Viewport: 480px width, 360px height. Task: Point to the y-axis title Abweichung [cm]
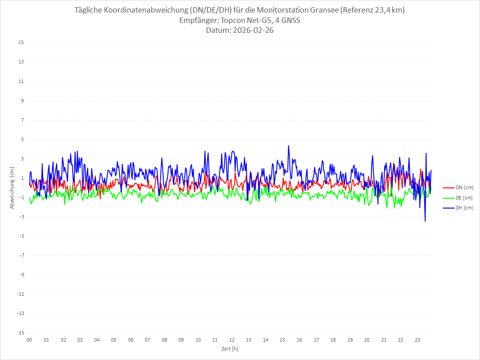click(x=12, y=188)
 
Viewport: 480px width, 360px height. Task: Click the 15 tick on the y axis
click(x=21, y=43)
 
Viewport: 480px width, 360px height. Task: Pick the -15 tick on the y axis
click(x=20, y=333)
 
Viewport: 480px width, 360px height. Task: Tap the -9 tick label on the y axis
click(x=21, y=275)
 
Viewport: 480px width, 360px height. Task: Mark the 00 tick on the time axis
click(x=29, y=340)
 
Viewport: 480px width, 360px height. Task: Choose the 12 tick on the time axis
click(x=232, y=340)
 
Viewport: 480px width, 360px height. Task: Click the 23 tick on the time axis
click(x=418, y=340)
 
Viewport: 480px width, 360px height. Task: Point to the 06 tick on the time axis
click(x=130, y=340)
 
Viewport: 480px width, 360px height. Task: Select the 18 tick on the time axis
click(x=333, y=340)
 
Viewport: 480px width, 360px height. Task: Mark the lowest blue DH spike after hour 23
click(x=425, y=221)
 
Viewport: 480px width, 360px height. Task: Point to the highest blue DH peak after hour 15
click(x=289, y=146)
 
